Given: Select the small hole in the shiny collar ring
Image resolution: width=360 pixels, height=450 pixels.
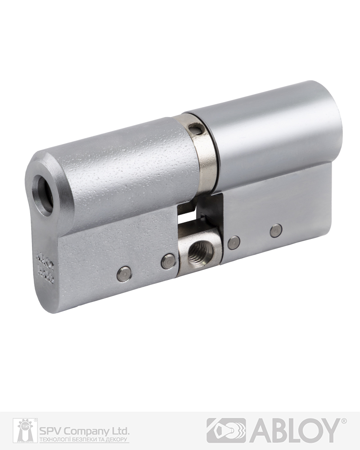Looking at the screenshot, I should (x=193, y=130).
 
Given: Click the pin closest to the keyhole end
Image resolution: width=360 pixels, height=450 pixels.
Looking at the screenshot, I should (x=124, y=274).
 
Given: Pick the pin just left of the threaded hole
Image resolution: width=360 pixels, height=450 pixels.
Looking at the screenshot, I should (x=168, y=261).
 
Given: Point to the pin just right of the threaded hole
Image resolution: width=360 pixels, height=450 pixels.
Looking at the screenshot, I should (x=234, y=243).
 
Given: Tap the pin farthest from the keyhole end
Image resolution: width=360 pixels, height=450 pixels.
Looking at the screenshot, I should (x=276, y=231).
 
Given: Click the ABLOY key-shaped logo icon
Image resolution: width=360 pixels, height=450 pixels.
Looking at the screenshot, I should (x=226, y=431).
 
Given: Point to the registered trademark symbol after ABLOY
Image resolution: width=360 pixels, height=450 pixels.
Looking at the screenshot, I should (x=344, y=422).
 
